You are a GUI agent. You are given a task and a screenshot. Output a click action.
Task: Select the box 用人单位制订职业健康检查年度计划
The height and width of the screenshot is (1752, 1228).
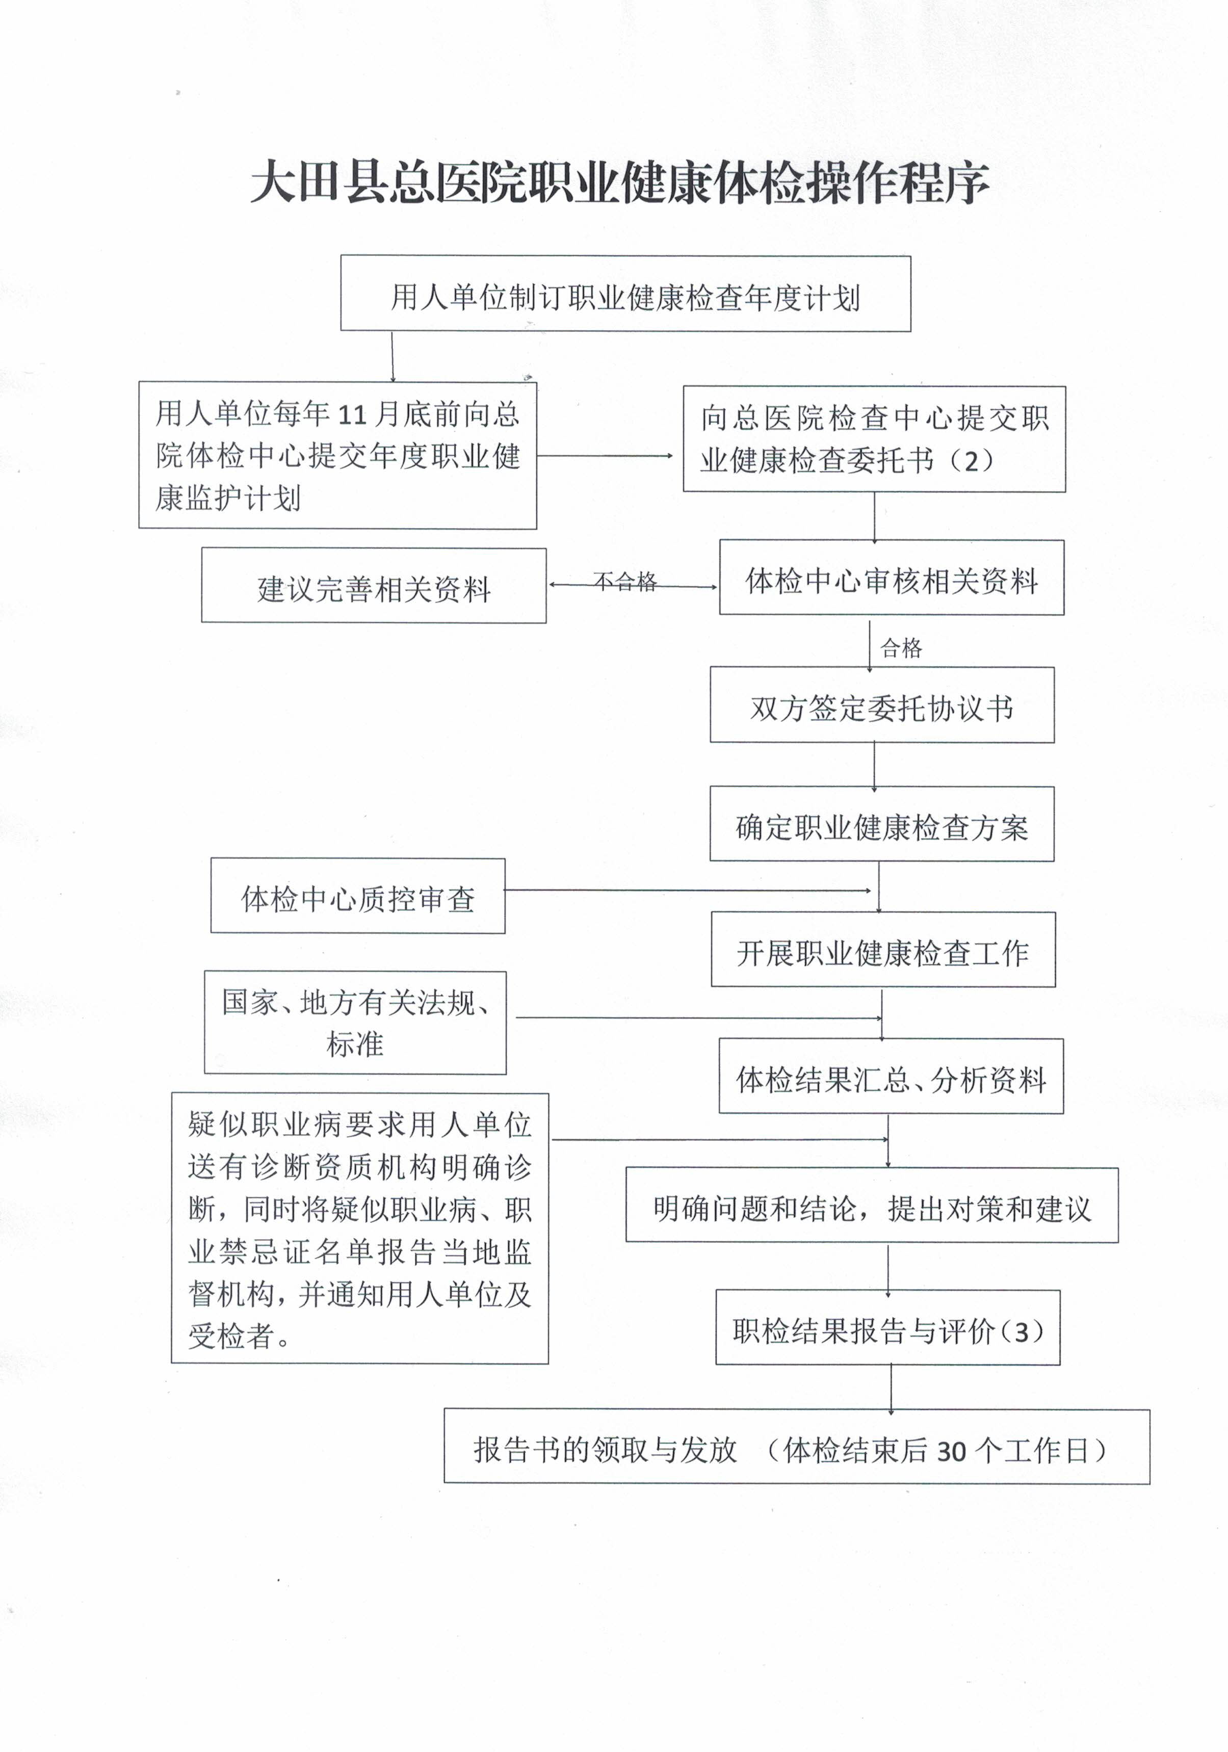click(x=625, y=294)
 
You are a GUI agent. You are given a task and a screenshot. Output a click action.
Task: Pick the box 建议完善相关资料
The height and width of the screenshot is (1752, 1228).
click(x=374, y=585)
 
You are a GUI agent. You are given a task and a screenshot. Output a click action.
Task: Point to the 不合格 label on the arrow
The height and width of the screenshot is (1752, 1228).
click(x=625, y=582)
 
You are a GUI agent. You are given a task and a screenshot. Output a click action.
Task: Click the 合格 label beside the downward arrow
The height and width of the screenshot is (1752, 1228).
click(x=901, y=648)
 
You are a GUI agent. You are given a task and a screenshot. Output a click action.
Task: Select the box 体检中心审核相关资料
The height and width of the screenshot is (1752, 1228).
click(x=892, y=578)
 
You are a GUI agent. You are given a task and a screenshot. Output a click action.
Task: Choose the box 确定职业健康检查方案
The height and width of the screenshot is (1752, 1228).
click(x=882, y=824)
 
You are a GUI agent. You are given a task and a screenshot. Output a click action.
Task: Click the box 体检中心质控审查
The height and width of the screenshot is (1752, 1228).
click(x=358, y=896)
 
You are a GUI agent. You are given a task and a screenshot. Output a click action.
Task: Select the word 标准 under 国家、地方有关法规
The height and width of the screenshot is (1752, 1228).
click(x=355, y=1044)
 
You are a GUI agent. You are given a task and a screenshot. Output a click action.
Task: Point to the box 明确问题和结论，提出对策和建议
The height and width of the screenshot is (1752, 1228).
click(x=872, y=1205)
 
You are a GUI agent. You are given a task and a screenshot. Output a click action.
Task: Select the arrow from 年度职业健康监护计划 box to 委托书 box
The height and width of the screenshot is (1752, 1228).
click(x=605, y=456)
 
